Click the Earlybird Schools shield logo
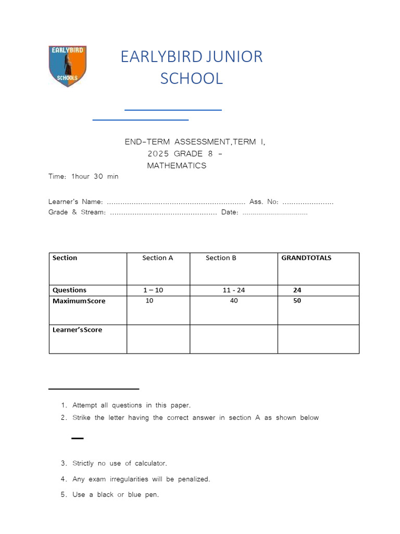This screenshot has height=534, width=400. pyautogui.click(x=67, y=66)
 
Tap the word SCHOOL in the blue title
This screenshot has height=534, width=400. pyautogui.click(x=191, y=78)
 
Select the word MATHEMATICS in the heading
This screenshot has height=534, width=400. pyautogui.click(x=177, y=166)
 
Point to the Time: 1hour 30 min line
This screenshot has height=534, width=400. pyautogui.click(x=83, y=177)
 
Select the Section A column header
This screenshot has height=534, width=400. pyautogui.click(x=158, y=258)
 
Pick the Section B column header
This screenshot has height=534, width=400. pyautogui.click(x=221, y=258)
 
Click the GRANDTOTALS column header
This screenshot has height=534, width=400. pyautogui.click(x=306, y=258)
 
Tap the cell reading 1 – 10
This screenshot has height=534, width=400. pyautogui.click(x=153, y=290)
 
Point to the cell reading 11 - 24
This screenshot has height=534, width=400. pyautogui.click(x=233, y=290)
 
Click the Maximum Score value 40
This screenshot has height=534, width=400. pyautogui.click(x=233, y=301)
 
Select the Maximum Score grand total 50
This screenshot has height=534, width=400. pyautogui.click(x=297, y=301)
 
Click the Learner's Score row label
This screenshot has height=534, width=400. pyautogui.click(x=77, y=330)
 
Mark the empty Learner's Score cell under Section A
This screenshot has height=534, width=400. pyautogui.click(x=158, y=339)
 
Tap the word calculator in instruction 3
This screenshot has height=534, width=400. pyautogui.click(x=151, y=464)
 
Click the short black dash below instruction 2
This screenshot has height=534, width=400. pyautogui.click(x=77, y=439)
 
